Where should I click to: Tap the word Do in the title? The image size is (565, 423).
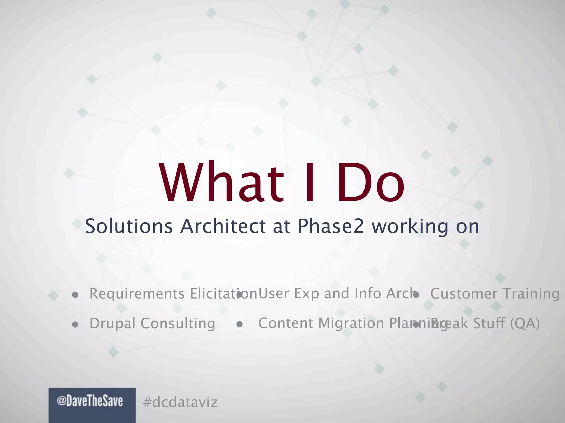pyautogui.click(x=370, y=183)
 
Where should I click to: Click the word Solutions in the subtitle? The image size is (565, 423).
pyautogui.click(x=129, y=226)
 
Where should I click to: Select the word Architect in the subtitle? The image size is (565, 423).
pyautogui.click(x=223, y=226)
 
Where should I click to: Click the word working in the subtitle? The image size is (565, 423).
pyautogui.click(x=410, y=226)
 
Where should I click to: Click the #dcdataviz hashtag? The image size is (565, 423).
pyautogui.click(x=180, y=402)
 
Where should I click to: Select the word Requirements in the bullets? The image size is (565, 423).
pyautogui.click(x=137, y=294)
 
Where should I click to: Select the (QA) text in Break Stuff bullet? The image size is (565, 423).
pyautogui.click(x=524, y=323)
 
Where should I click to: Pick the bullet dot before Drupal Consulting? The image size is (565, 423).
pyautogui.click(x=75, y=325)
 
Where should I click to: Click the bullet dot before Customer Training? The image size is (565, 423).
pyautogui.click(x=416, y=295)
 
